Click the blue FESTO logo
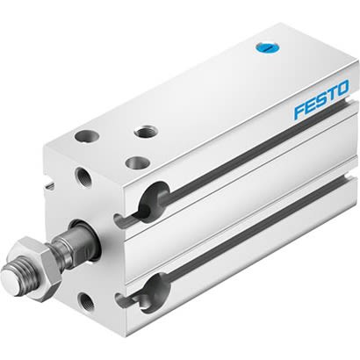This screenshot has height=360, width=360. [x=320, y=100]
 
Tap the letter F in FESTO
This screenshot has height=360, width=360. [x=299, y=110]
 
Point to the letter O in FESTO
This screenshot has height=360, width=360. [x=342, y=89]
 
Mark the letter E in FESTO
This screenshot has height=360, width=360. [x=309, y=104]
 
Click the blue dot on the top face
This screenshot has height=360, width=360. [x=261, y=48]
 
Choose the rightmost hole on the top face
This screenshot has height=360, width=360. [x=144, y=132]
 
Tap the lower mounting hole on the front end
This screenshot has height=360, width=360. [x=88, y=303]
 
